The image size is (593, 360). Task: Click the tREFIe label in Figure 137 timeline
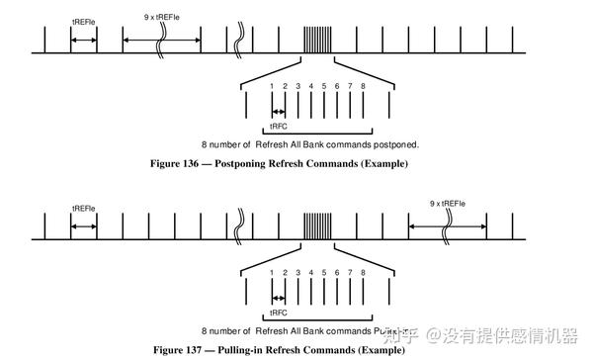pyautogui.click(x=84, y=208)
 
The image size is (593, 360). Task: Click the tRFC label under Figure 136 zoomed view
pyautogui.click(x=279, y=128)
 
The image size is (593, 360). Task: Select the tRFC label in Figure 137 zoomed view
pyautogui.click(x=279, y=313)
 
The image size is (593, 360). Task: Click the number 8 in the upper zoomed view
pyautogui.click(x=364, y=86)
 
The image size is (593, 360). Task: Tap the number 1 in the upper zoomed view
pyautogui.click(x=272, y=86)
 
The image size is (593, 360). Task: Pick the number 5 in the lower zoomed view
pyautogui.click(x=324, y=271)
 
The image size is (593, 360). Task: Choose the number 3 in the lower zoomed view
pyautogui.click(x=297, y=271)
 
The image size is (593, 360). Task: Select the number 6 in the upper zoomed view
pyautogui.click(x=337, y=86)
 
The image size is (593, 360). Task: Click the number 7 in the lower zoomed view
pyautogui.click(x=350, y=271)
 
